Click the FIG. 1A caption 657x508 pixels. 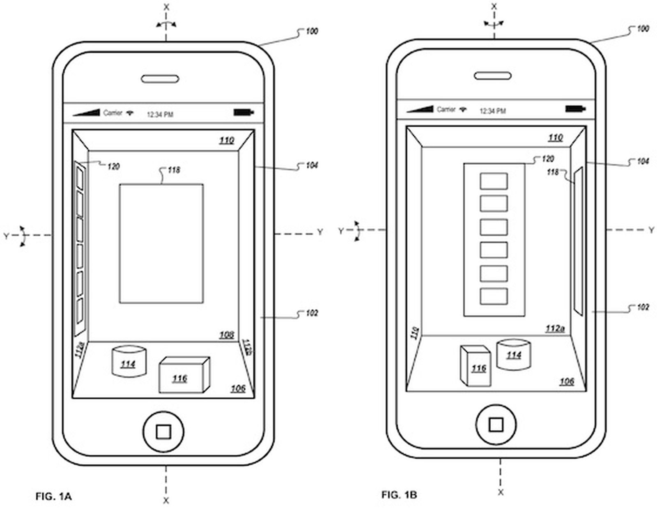pyautogui.click(x=54, y=497)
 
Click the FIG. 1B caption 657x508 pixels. pyautogui.click(x=399, y=494)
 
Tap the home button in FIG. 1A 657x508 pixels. pyautogui.click(x=163, y=432)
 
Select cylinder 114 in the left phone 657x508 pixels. pyautogui.click(x=129, y=361)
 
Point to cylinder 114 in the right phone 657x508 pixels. pyautogui.click(x=513, y=354)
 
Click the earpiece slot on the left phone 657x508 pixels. pyautogui.click(x=160, y=79)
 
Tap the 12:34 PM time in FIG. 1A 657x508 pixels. pyautogui.click(x=160, y=115)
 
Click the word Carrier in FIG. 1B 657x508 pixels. pyautogui.click(x=446, y=109)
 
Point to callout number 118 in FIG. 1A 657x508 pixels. pyautogui.click(x=174, y=170)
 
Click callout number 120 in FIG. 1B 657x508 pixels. pyautogui.click(x=548, y=159)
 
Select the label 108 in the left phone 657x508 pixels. pyautogui.click(x=226, y=335)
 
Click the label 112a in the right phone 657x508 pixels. pyautogui.click(x=555, y=329)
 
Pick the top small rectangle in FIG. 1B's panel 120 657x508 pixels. pyautogui.click(x=494, y=181)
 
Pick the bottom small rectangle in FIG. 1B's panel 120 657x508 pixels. pyautogui.click(x=494, y=296)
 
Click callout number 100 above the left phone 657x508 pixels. pyautogui.click(x=312, y=31)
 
